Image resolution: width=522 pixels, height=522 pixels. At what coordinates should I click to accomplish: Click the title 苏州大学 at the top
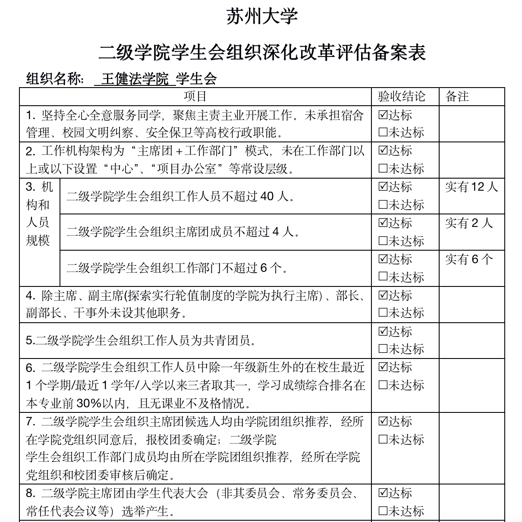pyautogui.click(x=262, y=17)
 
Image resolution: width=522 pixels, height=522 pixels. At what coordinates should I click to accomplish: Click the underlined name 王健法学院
pyautogui.click(x=135, y=79)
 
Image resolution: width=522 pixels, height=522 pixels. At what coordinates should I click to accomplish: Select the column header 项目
pyautogui.click(x=195, y=96)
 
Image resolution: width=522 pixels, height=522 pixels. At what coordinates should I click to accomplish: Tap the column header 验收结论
pyautogui.click(x=401, y=96)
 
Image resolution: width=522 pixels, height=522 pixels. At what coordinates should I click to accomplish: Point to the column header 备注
pyautogui.click(x=457, y=96)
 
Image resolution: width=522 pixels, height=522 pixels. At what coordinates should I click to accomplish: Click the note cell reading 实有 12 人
pyautogui.click(x=472, y=187)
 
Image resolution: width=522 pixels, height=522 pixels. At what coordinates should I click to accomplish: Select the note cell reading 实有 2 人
pyautogui.click(x=469, y=223)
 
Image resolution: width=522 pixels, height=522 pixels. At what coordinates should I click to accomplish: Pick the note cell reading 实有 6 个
pyautogui.click(x=469, y=259)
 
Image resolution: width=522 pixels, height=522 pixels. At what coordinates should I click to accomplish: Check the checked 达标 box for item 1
pyautogui.click(x=383, y=115)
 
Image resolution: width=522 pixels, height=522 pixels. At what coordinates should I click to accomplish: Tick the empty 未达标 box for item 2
pyautogui.click(x=383, y=169)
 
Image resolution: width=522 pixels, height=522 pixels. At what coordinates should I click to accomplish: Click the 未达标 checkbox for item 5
pyautogui.click(x=383, y=349)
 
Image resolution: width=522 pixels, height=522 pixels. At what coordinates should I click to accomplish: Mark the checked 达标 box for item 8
pyautogui.click(x=383, y=493)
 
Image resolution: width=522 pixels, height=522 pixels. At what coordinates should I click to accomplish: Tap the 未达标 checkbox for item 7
pyautogui.click(x=383, y=440)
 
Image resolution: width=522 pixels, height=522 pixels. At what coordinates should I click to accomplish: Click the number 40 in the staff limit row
pyautogui.click(x=267, y=197)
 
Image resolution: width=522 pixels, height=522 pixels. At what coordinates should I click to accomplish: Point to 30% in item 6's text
pyautogui.click(x=88, y=403)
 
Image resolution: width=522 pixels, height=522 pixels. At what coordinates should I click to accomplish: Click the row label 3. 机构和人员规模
pyautogui.click(x=39, y=214)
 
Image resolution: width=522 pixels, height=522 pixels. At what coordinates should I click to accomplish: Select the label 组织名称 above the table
pyautogui.click(x=55, y=79)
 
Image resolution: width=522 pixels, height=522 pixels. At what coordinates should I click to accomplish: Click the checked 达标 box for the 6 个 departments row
pyautogui.click(x=383, y=259)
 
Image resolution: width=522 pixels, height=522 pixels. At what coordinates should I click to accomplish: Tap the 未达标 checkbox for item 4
pyautogui.click(x=383, y=313)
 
